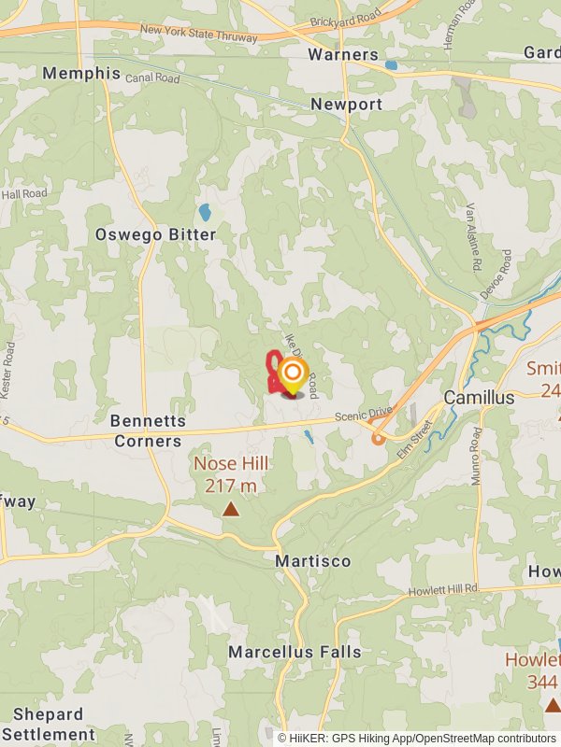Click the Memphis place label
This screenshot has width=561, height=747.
(x=81, y=73)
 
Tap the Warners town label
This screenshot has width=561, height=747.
(x=343, y=54)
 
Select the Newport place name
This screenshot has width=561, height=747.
(x=347, y=104)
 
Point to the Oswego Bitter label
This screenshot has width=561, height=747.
(x=155, y=234)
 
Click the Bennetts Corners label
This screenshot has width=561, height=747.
(x=146, y=431)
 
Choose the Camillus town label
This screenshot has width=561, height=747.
(x=479, y=398)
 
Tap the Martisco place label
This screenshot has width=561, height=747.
(x=313, y=561)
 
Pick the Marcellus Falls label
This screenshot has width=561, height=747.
(x=295, y=652)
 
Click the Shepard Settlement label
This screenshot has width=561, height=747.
(x=54, y=725)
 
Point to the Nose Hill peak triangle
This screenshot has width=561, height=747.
(x=231, y=509)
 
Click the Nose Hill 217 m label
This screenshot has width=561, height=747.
(x=231, y=474)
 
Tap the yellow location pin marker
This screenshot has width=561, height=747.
(x=293, y=376)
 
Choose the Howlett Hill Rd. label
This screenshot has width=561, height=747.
(x=443, y=589)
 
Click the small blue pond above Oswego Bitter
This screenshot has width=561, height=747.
(x=205, y=212)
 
